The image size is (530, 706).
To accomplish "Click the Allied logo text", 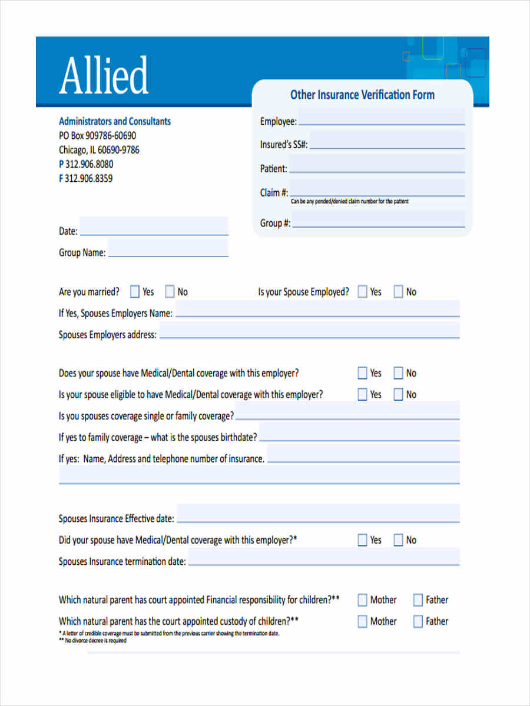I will pos(104,76).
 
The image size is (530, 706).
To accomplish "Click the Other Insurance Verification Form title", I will pos(362,95).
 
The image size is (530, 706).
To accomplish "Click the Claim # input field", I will pos(377,189).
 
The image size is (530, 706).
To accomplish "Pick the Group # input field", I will pos(378,220).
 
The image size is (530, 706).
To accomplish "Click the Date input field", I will pos(154,227).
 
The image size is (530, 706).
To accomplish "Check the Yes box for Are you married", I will pos(135,292).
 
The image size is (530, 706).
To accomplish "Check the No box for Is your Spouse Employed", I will pos(399,292).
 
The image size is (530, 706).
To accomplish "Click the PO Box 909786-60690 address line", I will pos(97,135).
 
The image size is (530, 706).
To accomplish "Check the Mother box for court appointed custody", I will pos(363,621).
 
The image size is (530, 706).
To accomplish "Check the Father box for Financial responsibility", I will pos(418,600).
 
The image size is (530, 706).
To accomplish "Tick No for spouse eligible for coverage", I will pos(399,395).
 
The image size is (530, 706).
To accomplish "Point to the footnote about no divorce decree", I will pos(92,641).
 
